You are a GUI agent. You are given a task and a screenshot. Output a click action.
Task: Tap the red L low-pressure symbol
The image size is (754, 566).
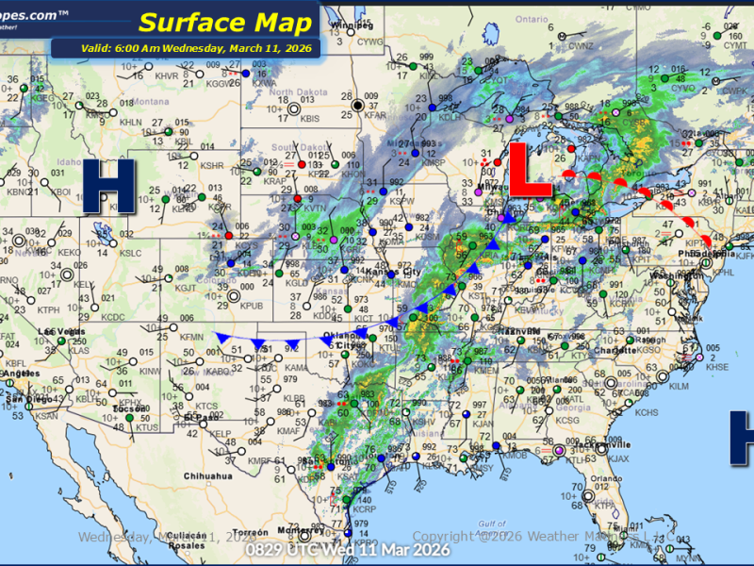tap(531, 170)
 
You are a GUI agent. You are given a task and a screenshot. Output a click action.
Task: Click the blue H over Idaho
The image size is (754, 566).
tap(109, 186)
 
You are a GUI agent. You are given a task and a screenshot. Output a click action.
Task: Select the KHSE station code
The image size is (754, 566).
tap(717, 367)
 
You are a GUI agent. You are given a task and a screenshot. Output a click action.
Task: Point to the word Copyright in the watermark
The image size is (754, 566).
tap(446, 536)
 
